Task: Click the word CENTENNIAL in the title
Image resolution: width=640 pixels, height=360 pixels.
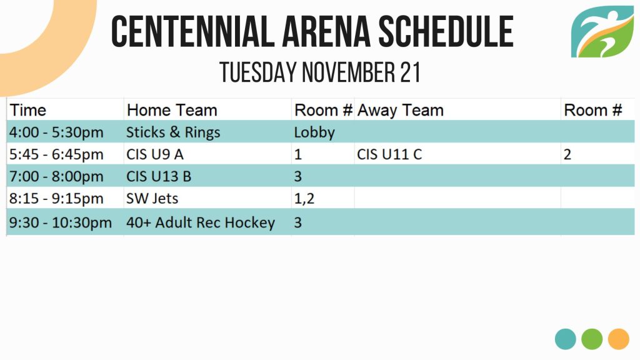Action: [192, 31]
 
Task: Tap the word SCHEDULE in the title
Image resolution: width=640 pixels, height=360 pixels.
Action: [446, 31]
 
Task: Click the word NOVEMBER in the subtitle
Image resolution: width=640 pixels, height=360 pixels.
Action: [348, 72]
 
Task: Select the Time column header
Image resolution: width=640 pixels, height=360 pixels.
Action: [27, 110]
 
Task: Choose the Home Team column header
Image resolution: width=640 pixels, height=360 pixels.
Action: [172, 110]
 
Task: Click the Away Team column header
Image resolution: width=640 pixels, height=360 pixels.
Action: [401, 110]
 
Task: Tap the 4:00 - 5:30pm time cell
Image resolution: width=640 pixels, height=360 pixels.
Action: [56, 132]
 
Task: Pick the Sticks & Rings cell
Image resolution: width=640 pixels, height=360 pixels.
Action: [173, 132]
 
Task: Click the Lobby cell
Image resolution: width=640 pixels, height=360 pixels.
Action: [314, 132]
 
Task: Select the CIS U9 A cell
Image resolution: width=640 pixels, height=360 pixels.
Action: [155, 154]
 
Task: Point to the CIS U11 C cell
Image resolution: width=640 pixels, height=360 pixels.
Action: [389, 154]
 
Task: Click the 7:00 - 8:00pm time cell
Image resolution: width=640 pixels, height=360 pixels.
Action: [56, 176]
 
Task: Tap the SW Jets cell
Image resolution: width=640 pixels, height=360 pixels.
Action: [152, 198]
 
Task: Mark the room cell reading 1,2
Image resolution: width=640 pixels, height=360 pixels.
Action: [304, 199]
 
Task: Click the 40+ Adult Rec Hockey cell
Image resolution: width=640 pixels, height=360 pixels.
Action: [201, 222]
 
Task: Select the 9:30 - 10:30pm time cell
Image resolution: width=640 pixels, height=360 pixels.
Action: [61, 222]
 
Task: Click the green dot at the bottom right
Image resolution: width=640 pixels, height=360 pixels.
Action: [592, 339]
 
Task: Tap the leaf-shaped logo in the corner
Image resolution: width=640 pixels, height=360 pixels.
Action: [602, 32]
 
